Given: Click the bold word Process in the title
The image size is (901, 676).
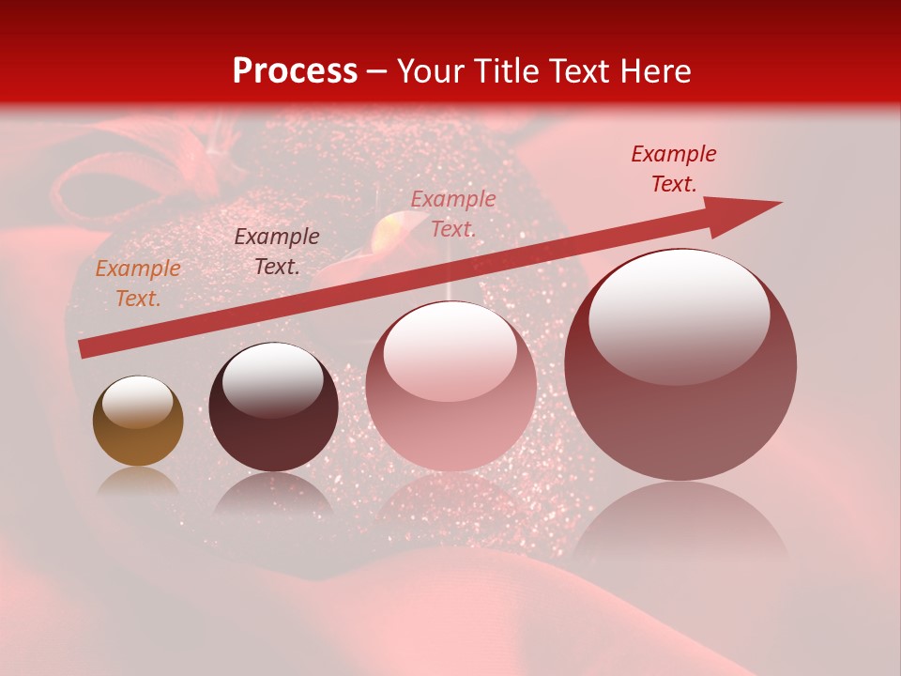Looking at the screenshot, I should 295,71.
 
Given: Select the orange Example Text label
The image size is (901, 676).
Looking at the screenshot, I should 138,284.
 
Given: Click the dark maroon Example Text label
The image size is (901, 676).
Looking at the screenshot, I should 277,252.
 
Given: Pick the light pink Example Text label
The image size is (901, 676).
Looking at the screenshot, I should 453,213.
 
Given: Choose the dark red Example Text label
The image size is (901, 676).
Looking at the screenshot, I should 674,169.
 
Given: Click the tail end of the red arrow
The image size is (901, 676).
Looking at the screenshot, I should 86,348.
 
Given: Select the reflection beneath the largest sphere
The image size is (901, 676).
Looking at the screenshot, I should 680,526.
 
